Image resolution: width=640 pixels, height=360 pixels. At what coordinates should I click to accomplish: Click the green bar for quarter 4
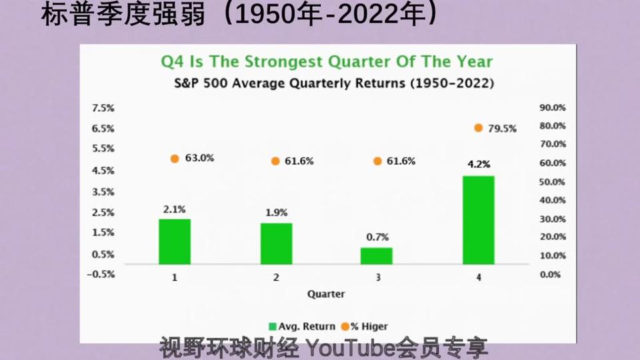click(x=479, y=220)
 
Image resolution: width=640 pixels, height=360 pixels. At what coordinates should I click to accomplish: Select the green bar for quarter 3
click(x=376, y=256)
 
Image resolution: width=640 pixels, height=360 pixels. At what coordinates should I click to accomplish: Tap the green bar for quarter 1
click(x=175, y=241)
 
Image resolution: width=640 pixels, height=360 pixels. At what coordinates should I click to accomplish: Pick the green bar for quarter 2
click(x=276, y=244)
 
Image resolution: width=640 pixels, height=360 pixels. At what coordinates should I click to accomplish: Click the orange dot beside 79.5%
click(x=479, y=128)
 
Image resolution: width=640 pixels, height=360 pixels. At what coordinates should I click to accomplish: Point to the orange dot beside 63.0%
click(x=175, y=159)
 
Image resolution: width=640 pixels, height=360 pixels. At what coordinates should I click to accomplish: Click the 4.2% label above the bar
click(x=479, y=164)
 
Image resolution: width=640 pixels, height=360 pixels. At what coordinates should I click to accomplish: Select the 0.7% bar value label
click(x=377, y=237)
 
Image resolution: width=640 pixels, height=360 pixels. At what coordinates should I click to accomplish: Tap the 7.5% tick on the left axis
click(x=103, y=108)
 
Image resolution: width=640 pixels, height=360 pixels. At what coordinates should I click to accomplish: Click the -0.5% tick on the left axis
click(x=101, y=274)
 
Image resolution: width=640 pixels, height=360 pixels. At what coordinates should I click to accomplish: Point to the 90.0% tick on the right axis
click(x=553, y=108)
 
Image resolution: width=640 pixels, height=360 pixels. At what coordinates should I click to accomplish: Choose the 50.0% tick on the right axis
click(x=552, y=182)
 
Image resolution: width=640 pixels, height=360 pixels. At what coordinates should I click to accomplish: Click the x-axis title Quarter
click(x=326, y=294)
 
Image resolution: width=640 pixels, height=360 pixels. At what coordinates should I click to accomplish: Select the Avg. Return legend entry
click(x=302, y=327)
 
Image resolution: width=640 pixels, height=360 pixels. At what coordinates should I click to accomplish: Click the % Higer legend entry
click(x=365, y=327)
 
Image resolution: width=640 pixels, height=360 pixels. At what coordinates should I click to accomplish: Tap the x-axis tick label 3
click(x=378, y=277)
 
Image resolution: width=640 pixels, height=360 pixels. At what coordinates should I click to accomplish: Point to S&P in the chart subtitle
click(x=186, y=83)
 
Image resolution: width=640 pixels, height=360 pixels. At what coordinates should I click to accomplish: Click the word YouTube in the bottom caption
click(x=351, y=348)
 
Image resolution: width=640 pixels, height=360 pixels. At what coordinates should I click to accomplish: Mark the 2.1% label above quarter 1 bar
click(x=174, y=209)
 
